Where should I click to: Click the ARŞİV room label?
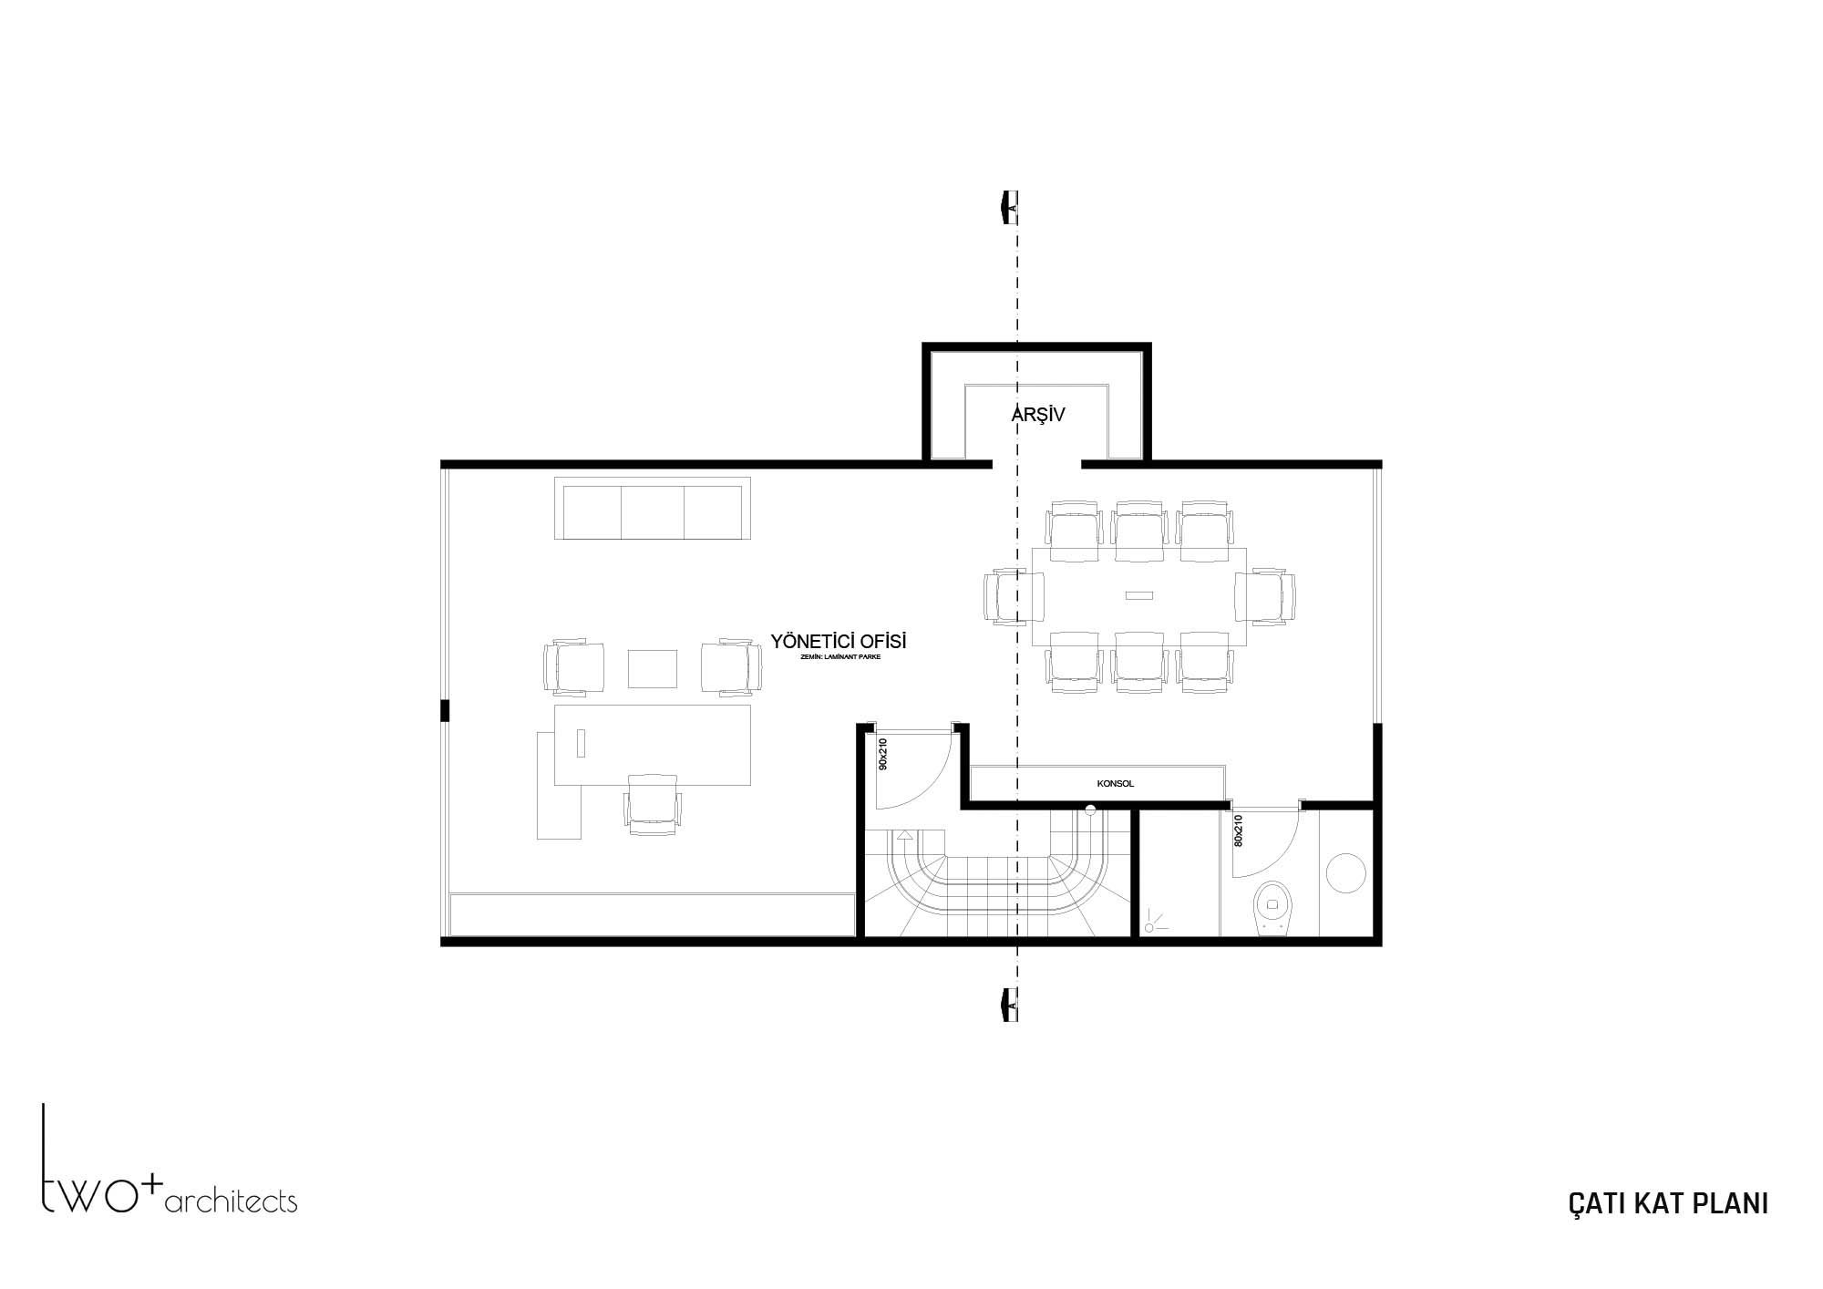1038,415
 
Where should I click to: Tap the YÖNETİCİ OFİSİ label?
839,642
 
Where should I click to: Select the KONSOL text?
1116,783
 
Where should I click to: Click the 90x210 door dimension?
882,754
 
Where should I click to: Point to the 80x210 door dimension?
1238,830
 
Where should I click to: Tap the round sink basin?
1345,872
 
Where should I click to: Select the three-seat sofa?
653,508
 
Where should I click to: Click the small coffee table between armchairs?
653,668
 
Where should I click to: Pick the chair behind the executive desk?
653,804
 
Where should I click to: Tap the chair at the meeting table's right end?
1265,596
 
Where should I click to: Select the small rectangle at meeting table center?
1139,595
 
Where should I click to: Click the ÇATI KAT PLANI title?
1668,1203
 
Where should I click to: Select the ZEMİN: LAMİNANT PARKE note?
839,656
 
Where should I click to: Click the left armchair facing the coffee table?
573,668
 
